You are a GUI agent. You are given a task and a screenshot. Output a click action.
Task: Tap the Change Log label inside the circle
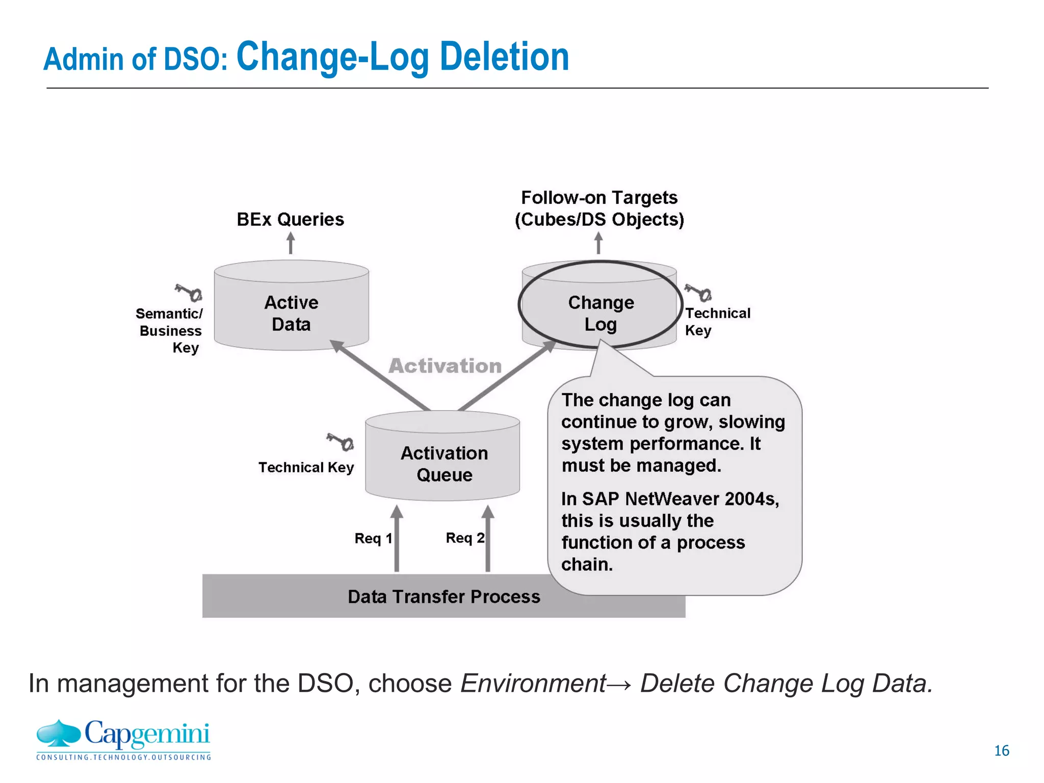(x=601, y=313)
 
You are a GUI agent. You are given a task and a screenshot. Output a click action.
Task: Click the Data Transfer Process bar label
(x=443, y=596)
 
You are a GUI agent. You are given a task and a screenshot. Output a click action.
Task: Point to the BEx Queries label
(x=290, y=219)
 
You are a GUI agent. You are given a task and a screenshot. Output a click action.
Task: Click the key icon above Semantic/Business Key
(x=189, y=293)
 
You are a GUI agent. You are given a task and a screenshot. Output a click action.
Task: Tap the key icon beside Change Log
(x=698, y=293)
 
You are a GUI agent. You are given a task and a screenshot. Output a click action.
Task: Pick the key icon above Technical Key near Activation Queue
(x=341, y=441)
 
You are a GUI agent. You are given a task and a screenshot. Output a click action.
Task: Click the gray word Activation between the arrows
(x=445, y=366)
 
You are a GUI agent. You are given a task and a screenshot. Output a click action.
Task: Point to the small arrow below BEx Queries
(x=291, y=243)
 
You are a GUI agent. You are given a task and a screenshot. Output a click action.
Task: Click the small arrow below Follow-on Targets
(x=598, y=243)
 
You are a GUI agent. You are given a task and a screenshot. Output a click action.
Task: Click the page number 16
(x=1001, y=750)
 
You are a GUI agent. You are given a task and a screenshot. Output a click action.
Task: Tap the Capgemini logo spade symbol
(x=59, y=733)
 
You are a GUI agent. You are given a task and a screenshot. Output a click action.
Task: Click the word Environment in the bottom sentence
(x=533, y=683)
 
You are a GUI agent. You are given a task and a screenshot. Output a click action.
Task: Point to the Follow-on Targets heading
(x=599, y=198)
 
